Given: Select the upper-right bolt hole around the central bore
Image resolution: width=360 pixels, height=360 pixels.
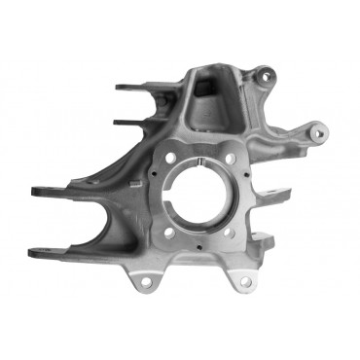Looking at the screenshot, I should pos(231,159).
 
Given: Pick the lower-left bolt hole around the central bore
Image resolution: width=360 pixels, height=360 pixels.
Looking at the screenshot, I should pos(168,232).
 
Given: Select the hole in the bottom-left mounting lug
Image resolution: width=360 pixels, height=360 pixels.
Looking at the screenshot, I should pos(146,283).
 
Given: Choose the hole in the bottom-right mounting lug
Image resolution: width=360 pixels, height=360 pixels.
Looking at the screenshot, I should pos(245,281).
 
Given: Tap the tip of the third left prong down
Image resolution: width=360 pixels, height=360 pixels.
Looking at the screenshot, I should pos(36,191).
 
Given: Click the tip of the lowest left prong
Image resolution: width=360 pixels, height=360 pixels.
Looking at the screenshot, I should pos(34,254).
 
